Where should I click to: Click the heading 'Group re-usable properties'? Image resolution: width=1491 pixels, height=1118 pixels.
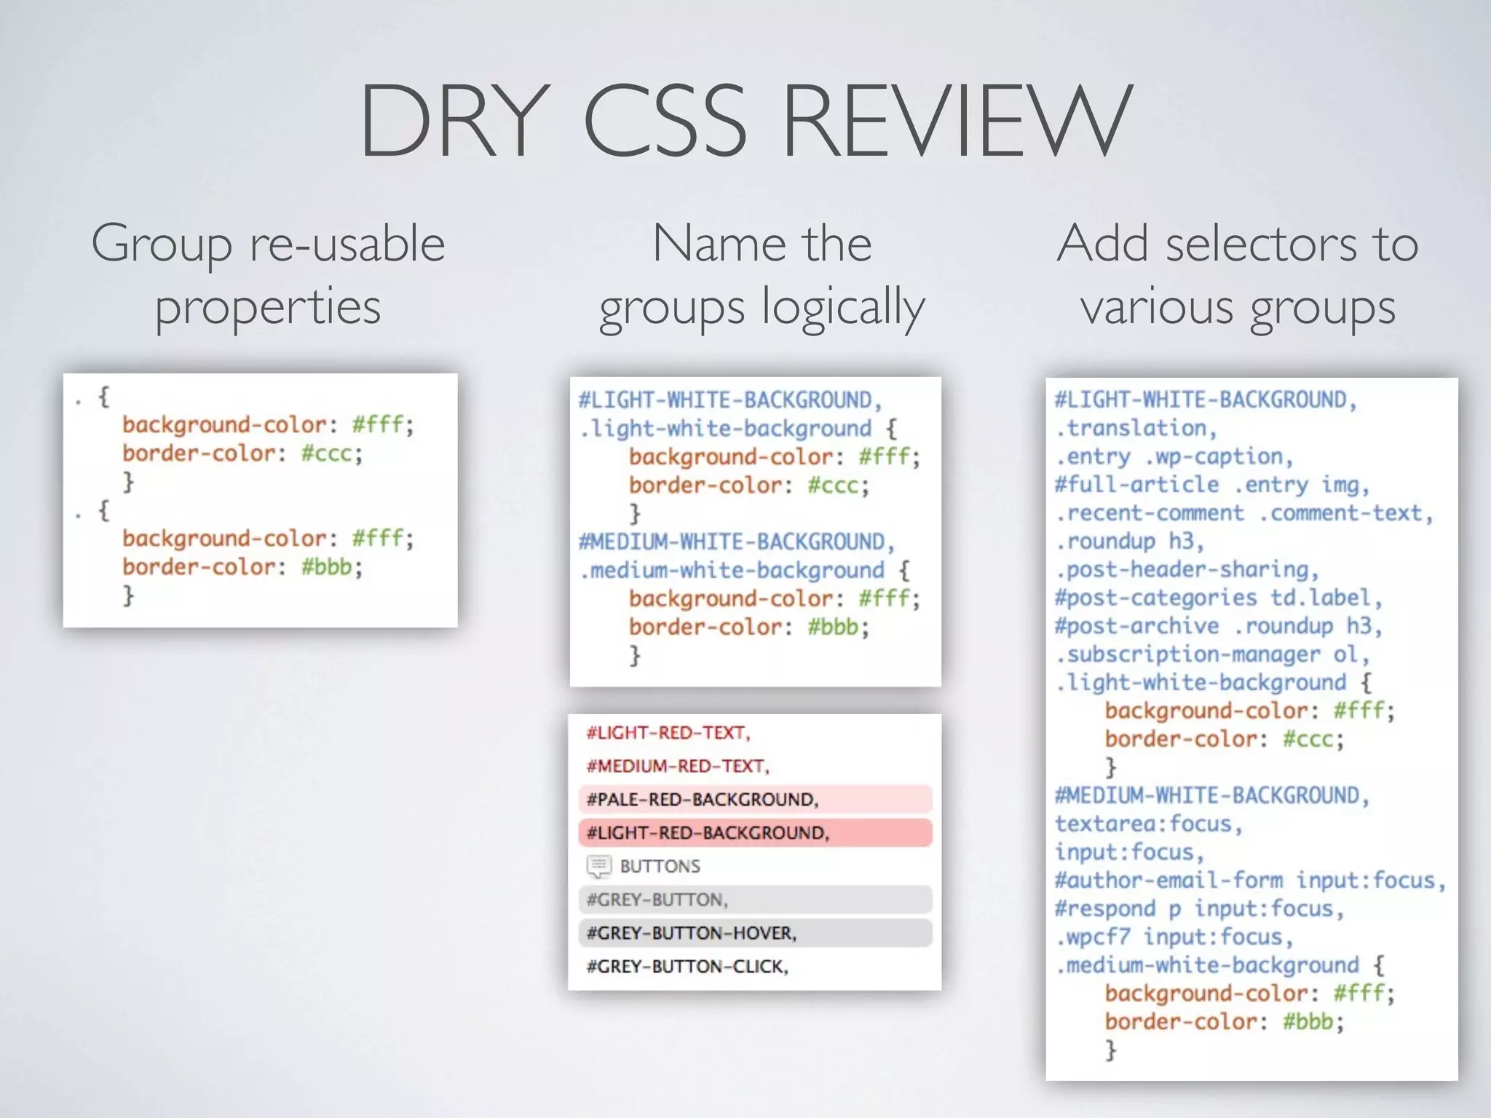coord(268,274)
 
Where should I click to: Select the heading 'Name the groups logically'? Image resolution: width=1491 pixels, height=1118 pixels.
coord(762,274)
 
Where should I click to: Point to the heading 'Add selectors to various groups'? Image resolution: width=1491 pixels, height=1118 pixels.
coord(1238,274)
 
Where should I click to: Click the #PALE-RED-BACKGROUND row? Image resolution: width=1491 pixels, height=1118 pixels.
coord(755,799)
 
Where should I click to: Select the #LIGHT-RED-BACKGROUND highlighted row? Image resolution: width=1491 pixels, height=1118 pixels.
coord(755,833)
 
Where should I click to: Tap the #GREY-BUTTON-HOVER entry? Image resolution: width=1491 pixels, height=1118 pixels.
coord(755,933)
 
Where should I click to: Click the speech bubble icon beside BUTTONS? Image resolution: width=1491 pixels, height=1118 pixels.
coord(598,866)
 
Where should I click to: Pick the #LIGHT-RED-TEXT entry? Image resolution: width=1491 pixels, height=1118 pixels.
coord(668,733)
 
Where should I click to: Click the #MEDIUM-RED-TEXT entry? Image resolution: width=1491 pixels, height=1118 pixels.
coord(678,766)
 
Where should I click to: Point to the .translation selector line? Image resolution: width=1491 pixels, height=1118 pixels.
coord(1136,428)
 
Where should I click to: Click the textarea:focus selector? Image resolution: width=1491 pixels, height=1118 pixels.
coord(1148,824)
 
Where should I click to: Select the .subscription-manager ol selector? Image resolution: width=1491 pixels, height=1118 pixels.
coord(1212,654)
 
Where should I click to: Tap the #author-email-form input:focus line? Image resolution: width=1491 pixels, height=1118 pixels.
coord(1249,881)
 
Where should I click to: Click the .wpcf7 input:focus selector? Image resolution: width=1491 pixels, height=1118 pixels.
coord(1174,937)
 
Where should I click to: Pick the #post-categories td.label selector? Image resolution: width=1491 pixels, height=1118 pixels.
coord(1218,598)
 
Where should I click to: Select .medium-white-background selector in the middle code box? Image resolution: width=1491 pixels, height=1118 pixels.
coord(732,571)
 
